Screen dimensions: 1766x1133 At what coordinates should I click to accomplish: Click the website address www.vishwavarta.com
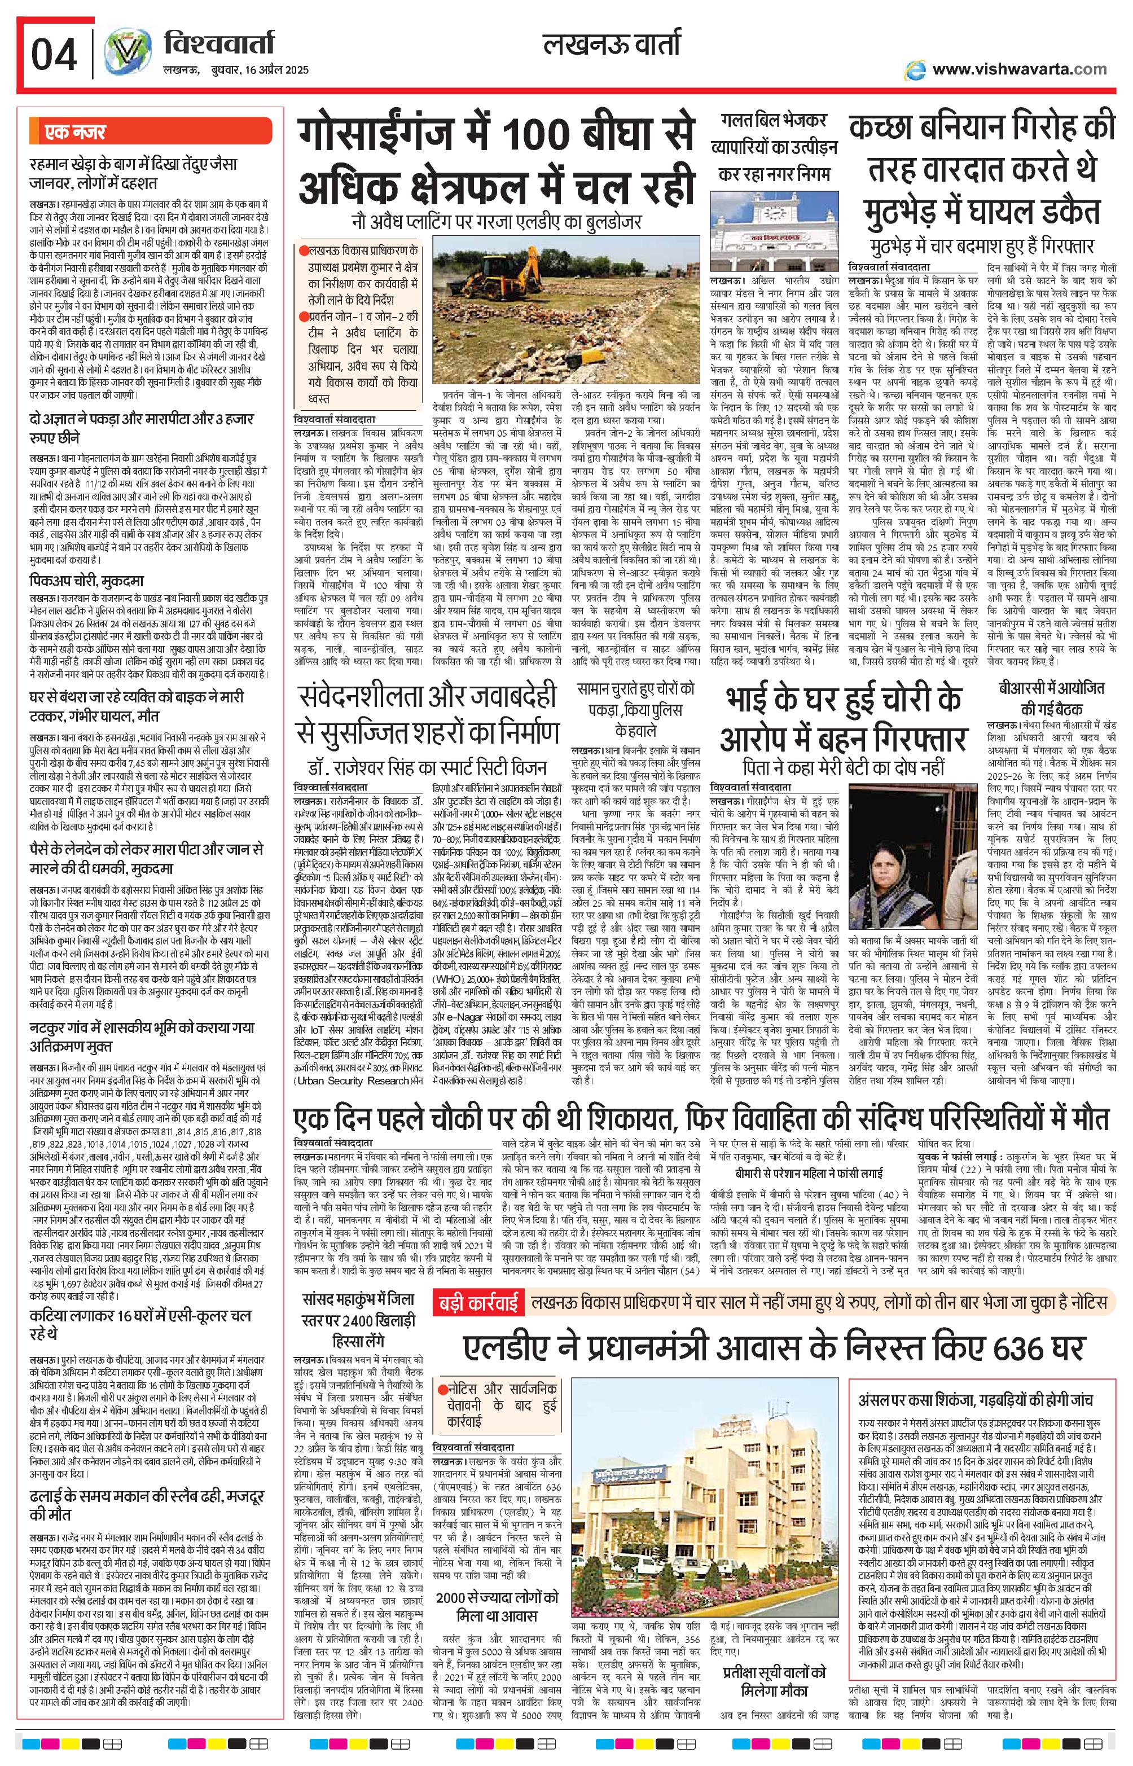pos(1018,69)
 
